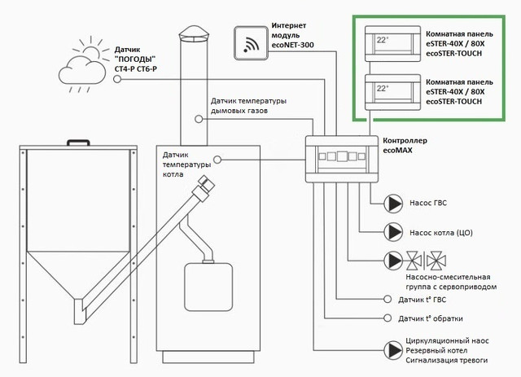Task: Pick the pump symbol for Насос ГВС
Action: [x=394, y=204]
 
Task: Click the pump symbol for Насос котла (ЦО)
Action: [x=394, y=232]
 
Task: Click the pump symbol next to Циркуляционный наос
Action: [x=394, y=348]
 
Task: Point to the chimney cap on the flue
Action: [x=195, y=33]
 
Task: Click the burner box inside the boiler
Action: [x=200, y=286]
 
